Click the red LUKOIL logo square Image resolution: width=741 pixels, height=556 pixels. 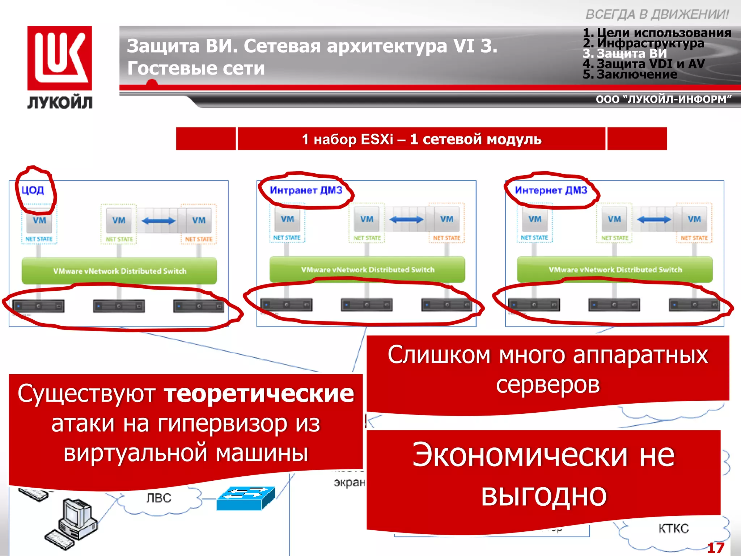(60, 58)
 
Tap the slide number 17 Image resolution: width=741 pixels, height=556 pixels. (715, 548)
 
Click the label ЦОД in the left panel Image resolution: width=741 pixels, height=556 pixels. (33, 190)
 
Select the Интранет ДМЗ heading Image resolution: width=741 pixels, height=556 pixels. (306, 190)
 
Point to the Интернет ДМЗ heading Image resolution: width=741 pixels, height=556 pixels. (551, 190)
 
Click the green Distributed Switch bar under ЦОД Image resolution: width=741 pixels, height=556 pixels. (119, 271)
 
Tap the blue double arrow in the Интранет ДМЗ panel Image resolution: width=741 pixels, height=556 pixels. (406, 219)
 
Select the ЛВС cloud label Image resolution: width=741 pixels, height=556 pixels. (158, 498)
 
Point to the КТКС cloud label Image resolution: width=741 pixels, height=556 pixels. (673, 528)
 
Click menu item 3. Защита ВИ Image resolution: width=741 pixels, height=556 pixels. (625, 54)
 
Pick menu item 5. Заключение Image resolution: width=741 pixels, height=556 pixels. (630, 74)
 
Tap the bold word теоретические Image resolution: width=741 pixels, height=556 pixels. (259, 393)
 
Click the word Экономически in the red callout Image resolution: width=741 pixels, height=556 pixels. (520, 455)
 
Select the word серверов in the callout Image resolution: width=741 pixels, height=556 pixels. (548, 384)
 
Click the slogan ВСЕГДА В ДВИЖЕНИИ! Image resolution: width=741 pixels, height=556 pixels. (657, 14)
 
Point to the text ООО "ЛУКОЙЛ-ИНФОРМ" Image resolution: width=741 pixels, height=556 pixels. (664, 99)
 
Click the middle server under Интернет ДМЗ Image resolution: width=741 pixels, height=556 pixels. (614, 305)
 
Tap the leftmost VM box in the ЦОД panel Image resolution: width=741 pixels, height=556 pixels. (39, 221)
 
